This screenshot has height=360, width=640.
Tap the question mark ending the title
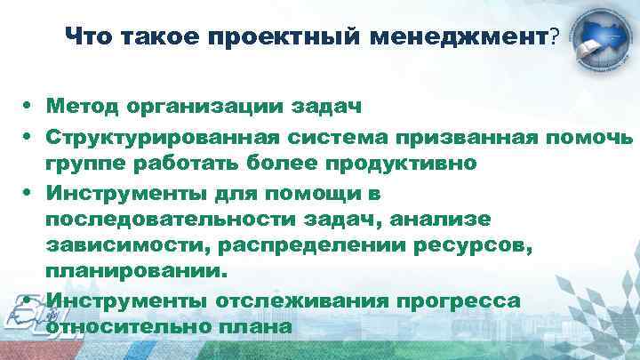(555, 36)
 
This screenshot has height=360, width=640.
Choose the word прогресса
(454, 300)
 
